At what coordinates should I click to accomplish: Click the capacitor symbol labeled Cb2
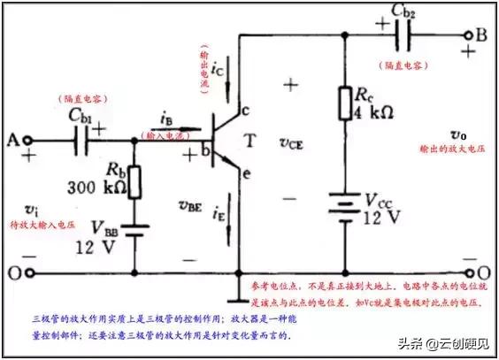coord(403,36)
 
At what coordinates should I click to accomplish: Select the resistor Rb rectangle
coord(135,182)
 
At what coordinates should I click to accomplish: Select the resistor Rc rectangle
coord(344,103)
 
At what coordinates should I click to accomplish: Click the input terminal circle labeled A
coord(28,140)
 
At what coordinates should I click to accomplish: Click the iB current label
coord(165,116)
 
